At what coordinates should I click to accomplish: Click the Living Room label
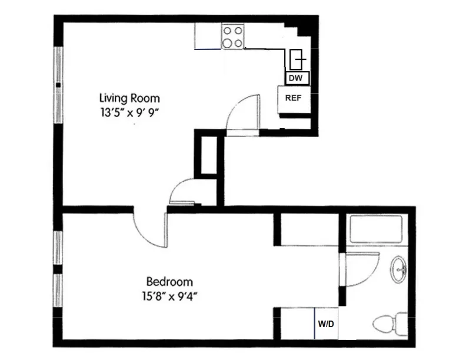(x=129, y=98)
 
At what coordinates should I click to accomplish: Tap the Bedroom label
(x=169, y=282)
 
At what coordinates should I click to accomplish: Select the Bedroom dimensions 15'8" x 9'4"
(x=169, y=295)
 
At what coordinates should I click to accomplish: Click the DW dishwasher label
(x=296, y=78)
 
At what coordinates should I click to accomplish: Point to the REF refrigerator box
(x=294, y=98)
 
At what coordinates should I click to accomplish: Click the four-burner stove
(x=233, y=36)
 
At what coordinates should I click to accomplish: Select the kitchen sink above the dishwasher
(x=298, y=59)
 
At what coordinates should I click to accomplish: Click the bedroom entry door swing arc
(x=150, y=229)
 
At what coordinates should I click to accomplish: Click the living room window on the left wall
(x=58, y=85)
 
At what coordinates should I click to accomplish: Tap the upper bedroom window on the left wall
(x=58, y=248)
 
